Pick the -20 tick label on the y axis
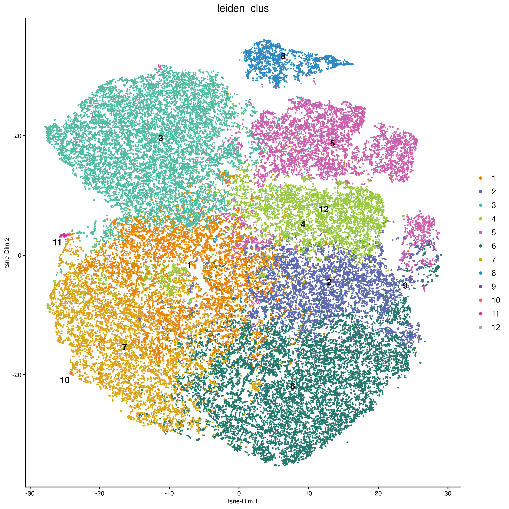[x=16, y=375]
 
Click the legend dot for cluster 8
[x=481, y=273]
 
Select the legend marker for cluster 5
[x=481, y=232]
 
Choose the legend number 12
[x=496, y=327]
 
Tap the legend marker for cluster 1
[x=481, y=178]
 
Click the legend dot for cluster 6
[x=481, y=246]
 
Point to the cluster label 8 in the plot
[x=283, y=56]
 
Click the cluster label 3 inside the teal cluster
[x=161, y=138]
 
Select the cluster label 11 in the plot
[x=57, y=243]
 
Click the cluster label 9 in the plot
[x=405, y=286]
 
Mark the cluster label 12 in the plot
[x=324, y=209]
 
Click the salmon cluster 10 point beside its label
[x=71, y=373]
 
